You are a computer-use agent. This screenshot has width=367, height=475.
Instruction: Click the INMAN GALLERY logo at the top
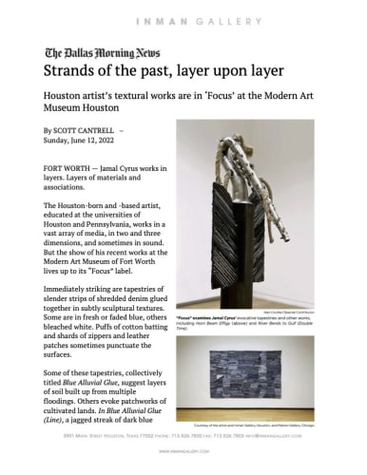tap(183, 15)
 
